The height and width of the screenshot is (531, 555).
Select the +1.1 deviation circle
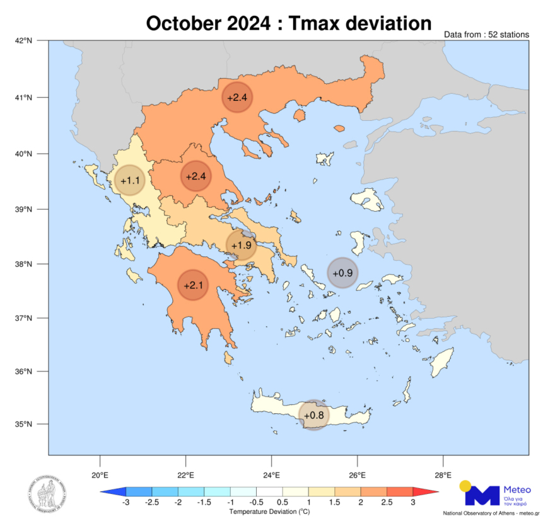point(129,181)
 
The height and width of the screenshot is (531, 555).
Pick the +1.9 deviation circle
point(241,245)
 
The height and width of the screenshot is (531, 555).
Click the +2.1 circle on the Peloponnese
point(193,285)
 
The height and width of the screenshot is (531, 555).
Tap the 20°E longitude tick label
point(99,474)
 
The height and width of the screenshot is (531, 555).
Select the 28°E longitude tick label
point(443,474)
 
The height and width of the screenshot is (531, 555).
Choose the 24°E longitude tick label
point(271,474)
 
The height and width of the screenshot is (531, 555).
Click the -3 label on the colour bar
point(126,502)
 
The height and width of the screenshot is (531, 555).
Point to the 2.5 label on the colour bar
point(387,502)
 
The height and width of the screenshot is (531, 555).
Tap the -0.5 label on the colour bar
point(257,502)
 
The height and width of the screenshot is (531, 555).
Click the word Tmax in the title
point(314,23)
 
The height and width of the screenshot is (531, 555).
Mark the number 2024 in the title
point(245,23)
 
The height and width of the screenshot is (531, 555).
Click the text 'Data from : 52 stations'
point(486,35)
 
